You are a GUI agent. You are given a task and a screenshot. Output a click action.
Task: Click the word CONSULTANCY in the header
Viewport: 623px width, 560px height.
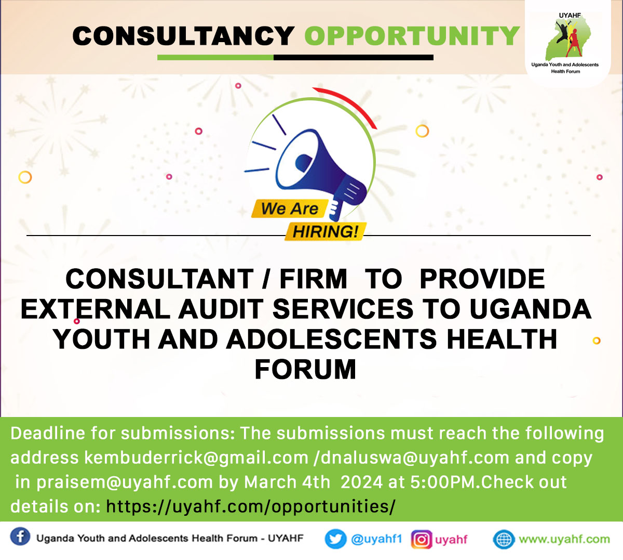[183, 36]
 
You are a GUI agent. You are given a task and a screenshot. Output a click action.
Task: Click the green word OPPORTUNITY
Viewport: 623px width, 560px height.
[412, 36]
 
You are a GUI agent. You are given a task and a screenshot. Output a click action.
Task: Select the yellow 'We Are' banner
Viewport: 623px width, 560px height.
[290, 209]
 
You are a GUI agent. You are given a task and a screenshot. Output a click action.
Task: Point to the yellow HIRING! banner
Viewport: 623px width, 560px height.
[326, 231]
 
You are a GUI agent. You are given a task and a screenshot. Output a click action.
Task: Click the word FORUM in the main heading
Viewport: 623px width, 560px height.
[305, 370]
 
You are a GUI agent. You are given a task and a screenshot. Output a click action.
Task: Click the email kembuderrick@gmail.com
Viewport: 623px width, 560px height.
[196, 458]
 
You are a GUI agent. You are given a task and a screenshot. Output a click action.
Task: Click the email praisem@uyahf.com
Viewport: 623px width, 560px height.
[125, 482]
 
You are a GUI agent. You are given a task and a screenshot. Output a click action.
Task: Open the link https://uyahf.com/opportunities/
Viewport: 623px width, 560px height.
[251, 506]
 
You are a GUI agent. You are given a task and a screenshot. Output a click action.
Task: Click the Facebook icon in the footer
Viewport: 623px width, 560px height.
[20, 537]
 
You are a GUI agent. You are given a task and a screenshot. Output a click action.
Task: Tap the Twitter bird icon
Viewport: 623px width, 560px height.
[335, 539]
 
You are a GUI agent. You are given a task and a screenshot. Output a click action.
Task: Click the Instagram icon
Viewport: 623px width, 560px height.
[422, 539]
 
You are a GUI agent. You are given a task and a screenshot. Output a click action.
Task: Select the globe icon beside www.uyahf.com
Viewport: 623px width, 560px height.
[503, 539]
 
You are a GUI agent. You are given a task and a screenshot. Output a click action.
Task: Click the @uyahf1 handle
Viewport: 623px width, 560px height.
[376, 539]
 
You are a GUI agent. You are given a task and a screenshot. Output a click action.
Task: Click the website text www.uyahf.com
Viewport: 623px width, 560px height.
[564, 539]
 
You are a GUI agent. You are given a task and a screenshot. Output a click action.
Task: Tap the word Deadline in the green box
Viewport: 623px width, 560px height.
[48, 433]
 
